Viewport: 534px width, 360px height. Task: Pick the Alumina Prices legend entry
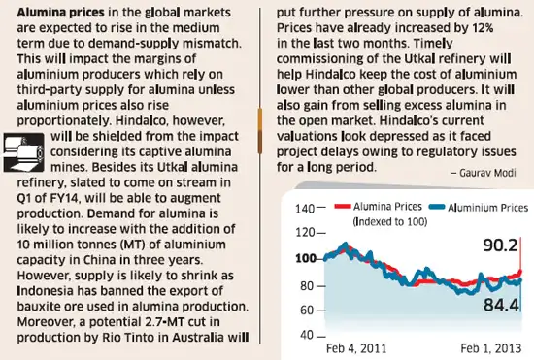pos(379,207)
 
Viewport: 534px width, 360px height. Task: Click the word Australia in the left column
pos(205,337)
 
